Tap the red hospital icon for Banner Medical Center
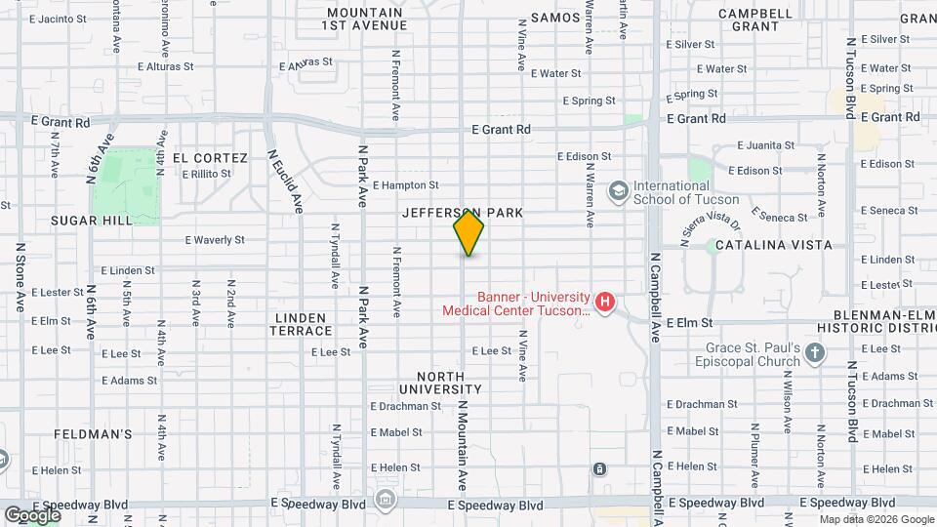coord(605,303)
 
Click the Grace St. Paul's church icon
coord(815,353)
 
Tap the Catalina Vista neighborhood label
coord(774,245)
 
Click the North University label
coord(450,383)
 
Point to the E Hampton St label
coord(405,184)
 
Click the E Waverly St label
coord(214,239)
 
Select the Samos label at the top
coord(556,18)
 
